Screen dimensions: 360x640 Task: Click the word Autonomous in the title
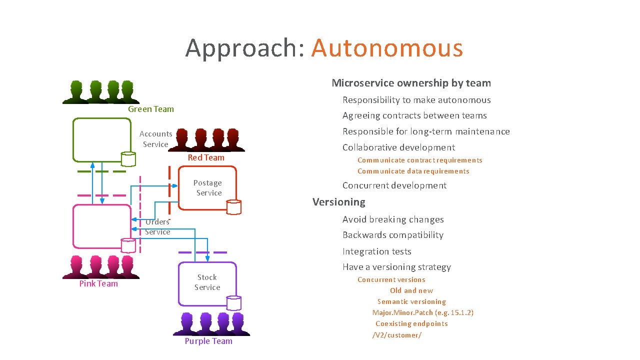pos(387,48)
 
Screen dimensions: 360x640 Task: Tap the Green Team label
pos(151,109)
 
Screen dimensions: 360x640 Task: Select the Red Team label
pos(206,157)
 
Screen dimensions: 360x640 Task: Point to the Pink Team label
pos(98,283)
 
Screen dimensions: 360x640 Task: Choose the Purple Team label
pos(208,341)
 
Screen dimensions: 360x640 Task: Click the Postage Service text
pos(208,188)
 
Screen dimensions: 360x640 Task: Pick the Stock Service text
pos(207,282)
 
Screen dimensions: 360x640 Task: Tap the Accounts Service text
pos(155,139)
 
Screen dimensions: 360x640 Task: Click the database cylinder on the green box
pos(128,158)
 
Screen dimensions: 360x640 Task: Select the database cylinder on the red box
pos(233,207)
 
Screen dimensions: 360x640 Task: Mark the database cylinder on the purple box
pos(233,303)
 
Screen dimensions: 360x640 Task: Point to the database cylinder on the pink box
pos(128,245)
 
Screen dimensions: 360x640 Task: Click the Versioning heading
pos(339,202)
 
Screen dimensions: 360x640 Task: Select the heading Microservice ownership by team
pos(411,83)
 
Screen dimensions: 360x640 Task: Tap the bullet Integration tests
pos(376,251)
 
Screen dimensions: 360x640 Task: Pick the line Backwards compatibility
pos(392,235)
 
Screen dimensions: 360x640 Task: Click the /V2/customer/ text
pos(397,335)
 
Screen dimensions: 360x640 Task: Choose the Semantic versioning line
pos(411,301)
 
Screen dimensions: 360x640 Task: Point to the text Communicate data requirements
pos(413,171)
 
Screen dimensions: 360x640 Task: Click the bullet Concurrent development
pos(394,185)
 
